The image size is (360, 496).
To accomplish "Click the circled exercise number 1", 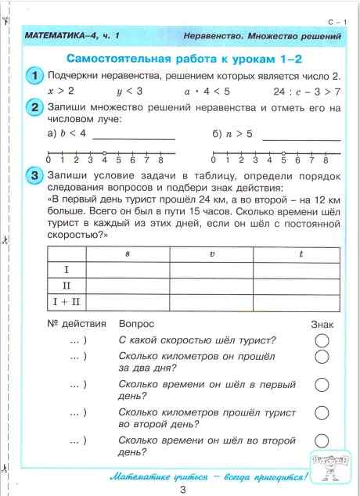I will [34, 76].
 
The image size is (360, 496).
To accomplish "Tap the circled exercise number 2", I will [34, 108].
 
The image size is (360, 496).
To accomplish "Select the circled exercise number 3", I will [34, 176].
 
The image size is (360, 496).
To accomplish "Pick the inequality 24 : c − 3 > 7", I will [308, 91].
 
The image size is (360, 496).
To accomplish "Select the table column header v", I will [211, 254].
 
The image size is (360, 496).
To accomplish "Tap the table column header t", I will [301, 254].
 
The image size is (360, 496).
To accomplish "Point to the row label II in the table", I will [66, 286].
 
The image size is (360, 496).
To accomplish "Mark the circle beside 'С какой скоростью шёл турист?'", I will [321, 340].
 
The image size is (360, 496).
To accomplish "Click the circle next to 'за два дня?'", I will [321, 358].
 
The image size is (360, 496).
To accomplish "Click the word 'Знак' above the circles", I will [322, 323].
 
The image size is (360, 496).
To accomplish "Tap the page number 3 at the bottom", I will [182, 488].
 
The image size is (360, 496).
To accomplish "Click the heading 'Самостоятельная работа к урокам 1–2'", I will [184, 59].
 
